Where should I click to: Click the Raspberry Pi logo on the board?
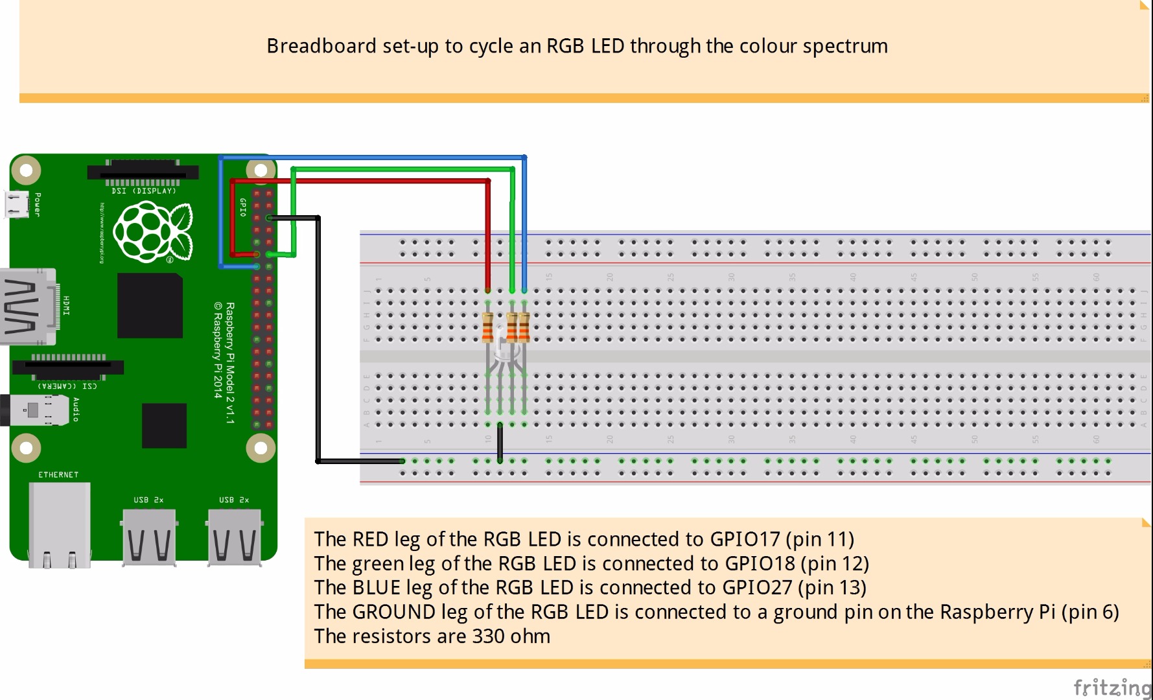click(152, 231)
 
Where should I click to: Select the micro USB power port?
click(17, 204)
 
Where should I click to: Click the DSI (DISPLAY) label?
click(143, 191)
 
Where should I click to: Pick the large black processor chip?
click(150, 305)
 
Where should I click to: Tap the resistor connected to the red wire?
click(488, 327)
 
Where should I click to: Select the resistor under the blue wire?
click(524, 327)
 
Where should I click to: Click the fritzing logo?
click(1112, 687)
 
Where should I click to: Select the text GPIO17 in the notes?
click(745, 539)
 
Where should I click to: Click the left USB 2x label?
click(148, 500)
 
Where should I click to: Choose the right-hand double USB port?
click(234, 538)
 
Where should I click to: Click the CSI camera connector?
click(67, 367)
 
